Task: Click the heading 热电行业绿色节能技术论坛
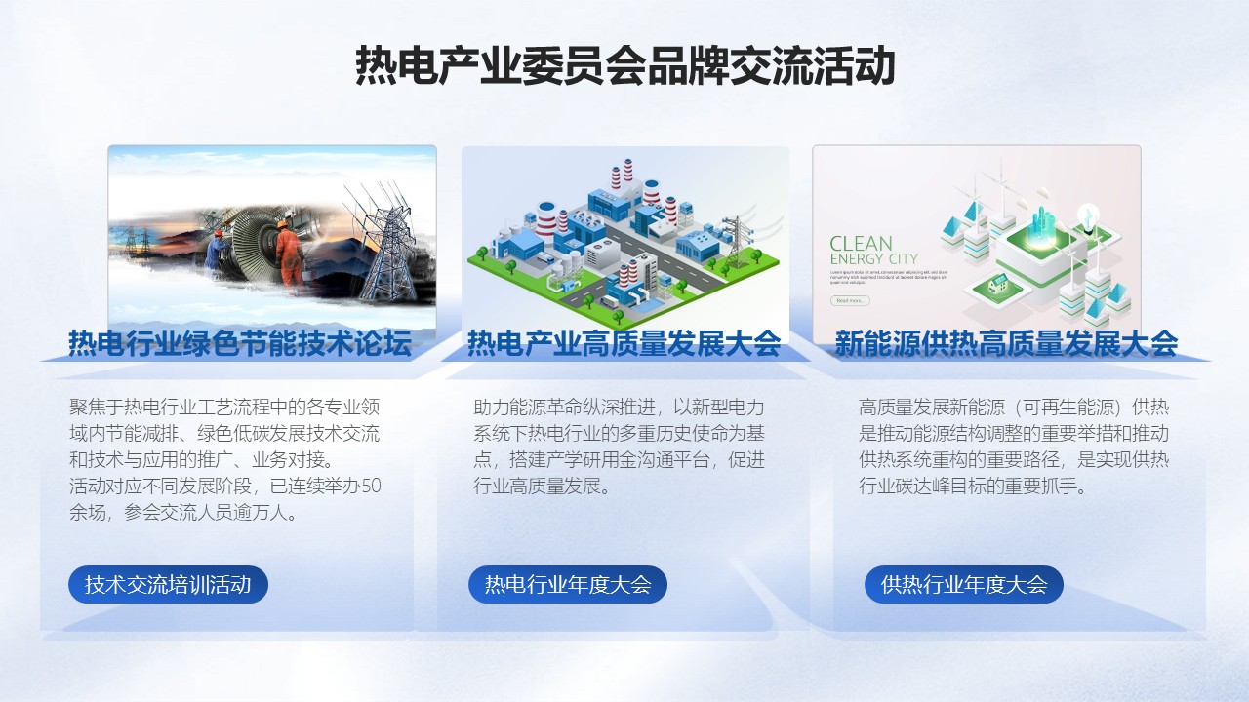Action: [239, 343]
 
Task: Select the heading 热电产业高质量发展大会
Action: [624, 343]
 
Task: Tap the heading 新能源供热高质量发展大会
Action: [1006, 343]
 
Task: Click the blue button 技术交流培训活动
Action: [168, 585]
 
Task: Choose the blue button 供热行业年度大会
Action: [964, 585]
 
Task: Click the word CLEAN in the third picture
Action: [861, 244]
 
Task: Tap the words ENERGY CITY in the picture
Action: [873, 259]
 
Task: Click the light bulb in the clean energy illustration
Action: [1087, 214]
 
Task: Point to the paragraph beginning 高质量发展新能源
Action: [1013, 447]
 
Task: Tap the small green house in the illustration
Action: [997, 285]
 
